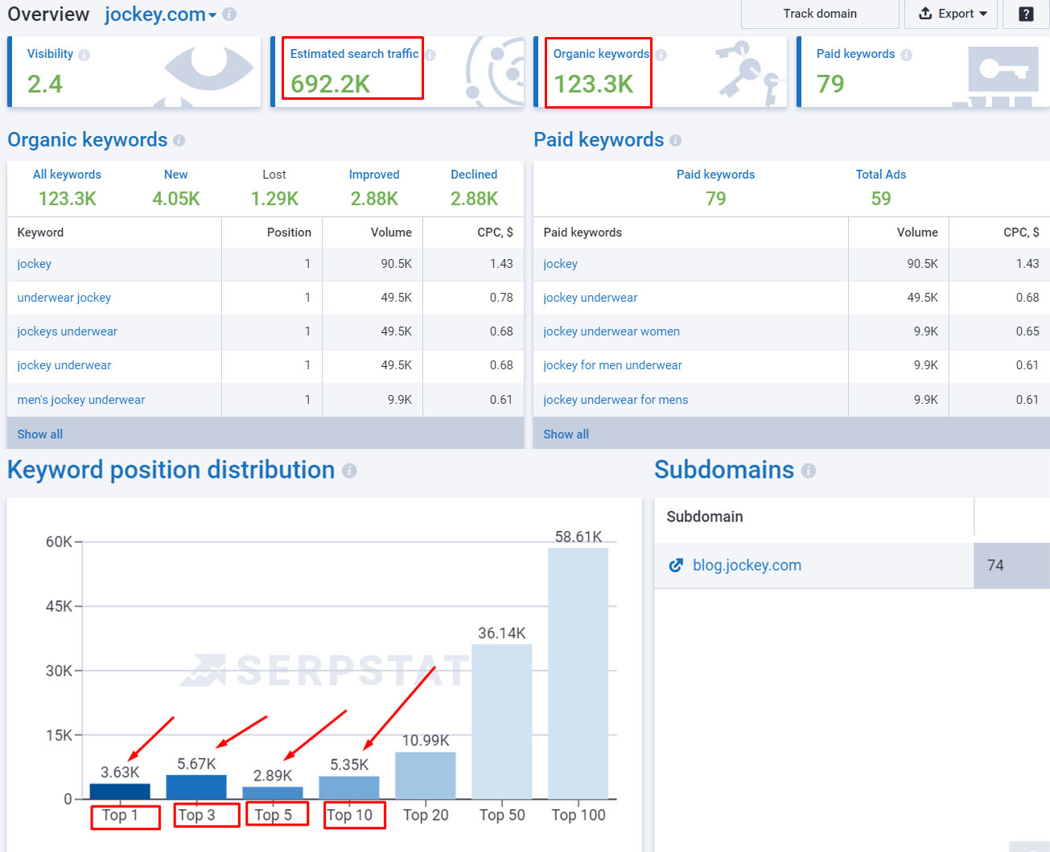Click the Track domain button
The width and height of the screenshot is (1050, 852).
coord(820,14)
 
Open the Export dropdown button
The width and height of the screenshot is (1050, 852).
coord(951,14)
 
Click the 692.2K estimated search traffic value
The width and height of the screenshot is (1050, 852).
coord(330,84)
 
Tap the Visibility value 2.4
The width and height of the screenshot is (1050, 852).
coord(45,84)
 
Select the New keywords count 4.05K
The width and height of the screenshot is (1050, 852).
coord(176,199)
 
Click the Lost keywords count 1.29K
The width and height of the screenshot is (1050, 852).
coord(274,199)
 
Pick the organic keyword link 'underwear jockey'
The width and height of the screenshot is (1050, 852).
coord(64,298)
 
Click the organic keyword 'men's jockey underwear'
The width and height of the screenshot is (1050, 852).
coord(80,400)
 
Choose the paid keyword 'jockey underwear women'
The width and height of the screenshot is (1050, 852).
coord(611,331)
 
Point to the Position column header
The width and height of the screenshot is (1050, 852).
coord(289,233)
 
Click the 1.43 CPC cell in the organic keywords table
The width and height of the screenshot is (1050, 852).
coord(501,264)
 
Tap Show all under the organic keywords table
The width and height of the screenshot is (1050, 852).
coord(40,434)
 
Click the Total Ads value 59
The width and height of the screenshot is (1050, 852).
coord(881,199)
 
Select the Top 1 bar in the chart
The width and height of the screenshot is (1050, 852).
coord(120,791)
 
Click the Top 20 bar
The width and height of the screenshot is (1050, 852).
coord(426,775)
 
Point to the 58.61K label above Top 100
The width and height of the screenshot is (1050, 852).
coord(579,537)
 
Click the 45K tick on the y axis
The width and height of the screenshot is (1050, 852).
coord(59,606)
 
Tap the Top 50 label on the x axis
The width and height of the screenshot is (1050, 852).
coord(502,815)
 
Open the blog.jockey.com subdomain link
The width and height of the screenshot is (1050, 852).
coord(747,566)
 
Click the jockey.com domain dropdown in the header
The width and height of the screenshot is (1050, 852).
coord(161,14)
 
